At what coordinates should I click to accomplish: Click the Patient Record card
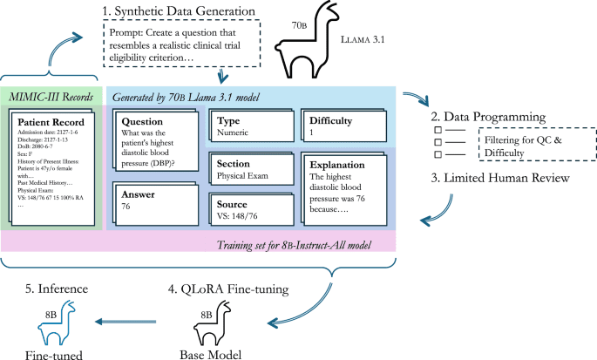[x=54, y=166]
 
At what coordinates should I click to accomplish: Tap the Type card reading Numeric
[x=248, y=127]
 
